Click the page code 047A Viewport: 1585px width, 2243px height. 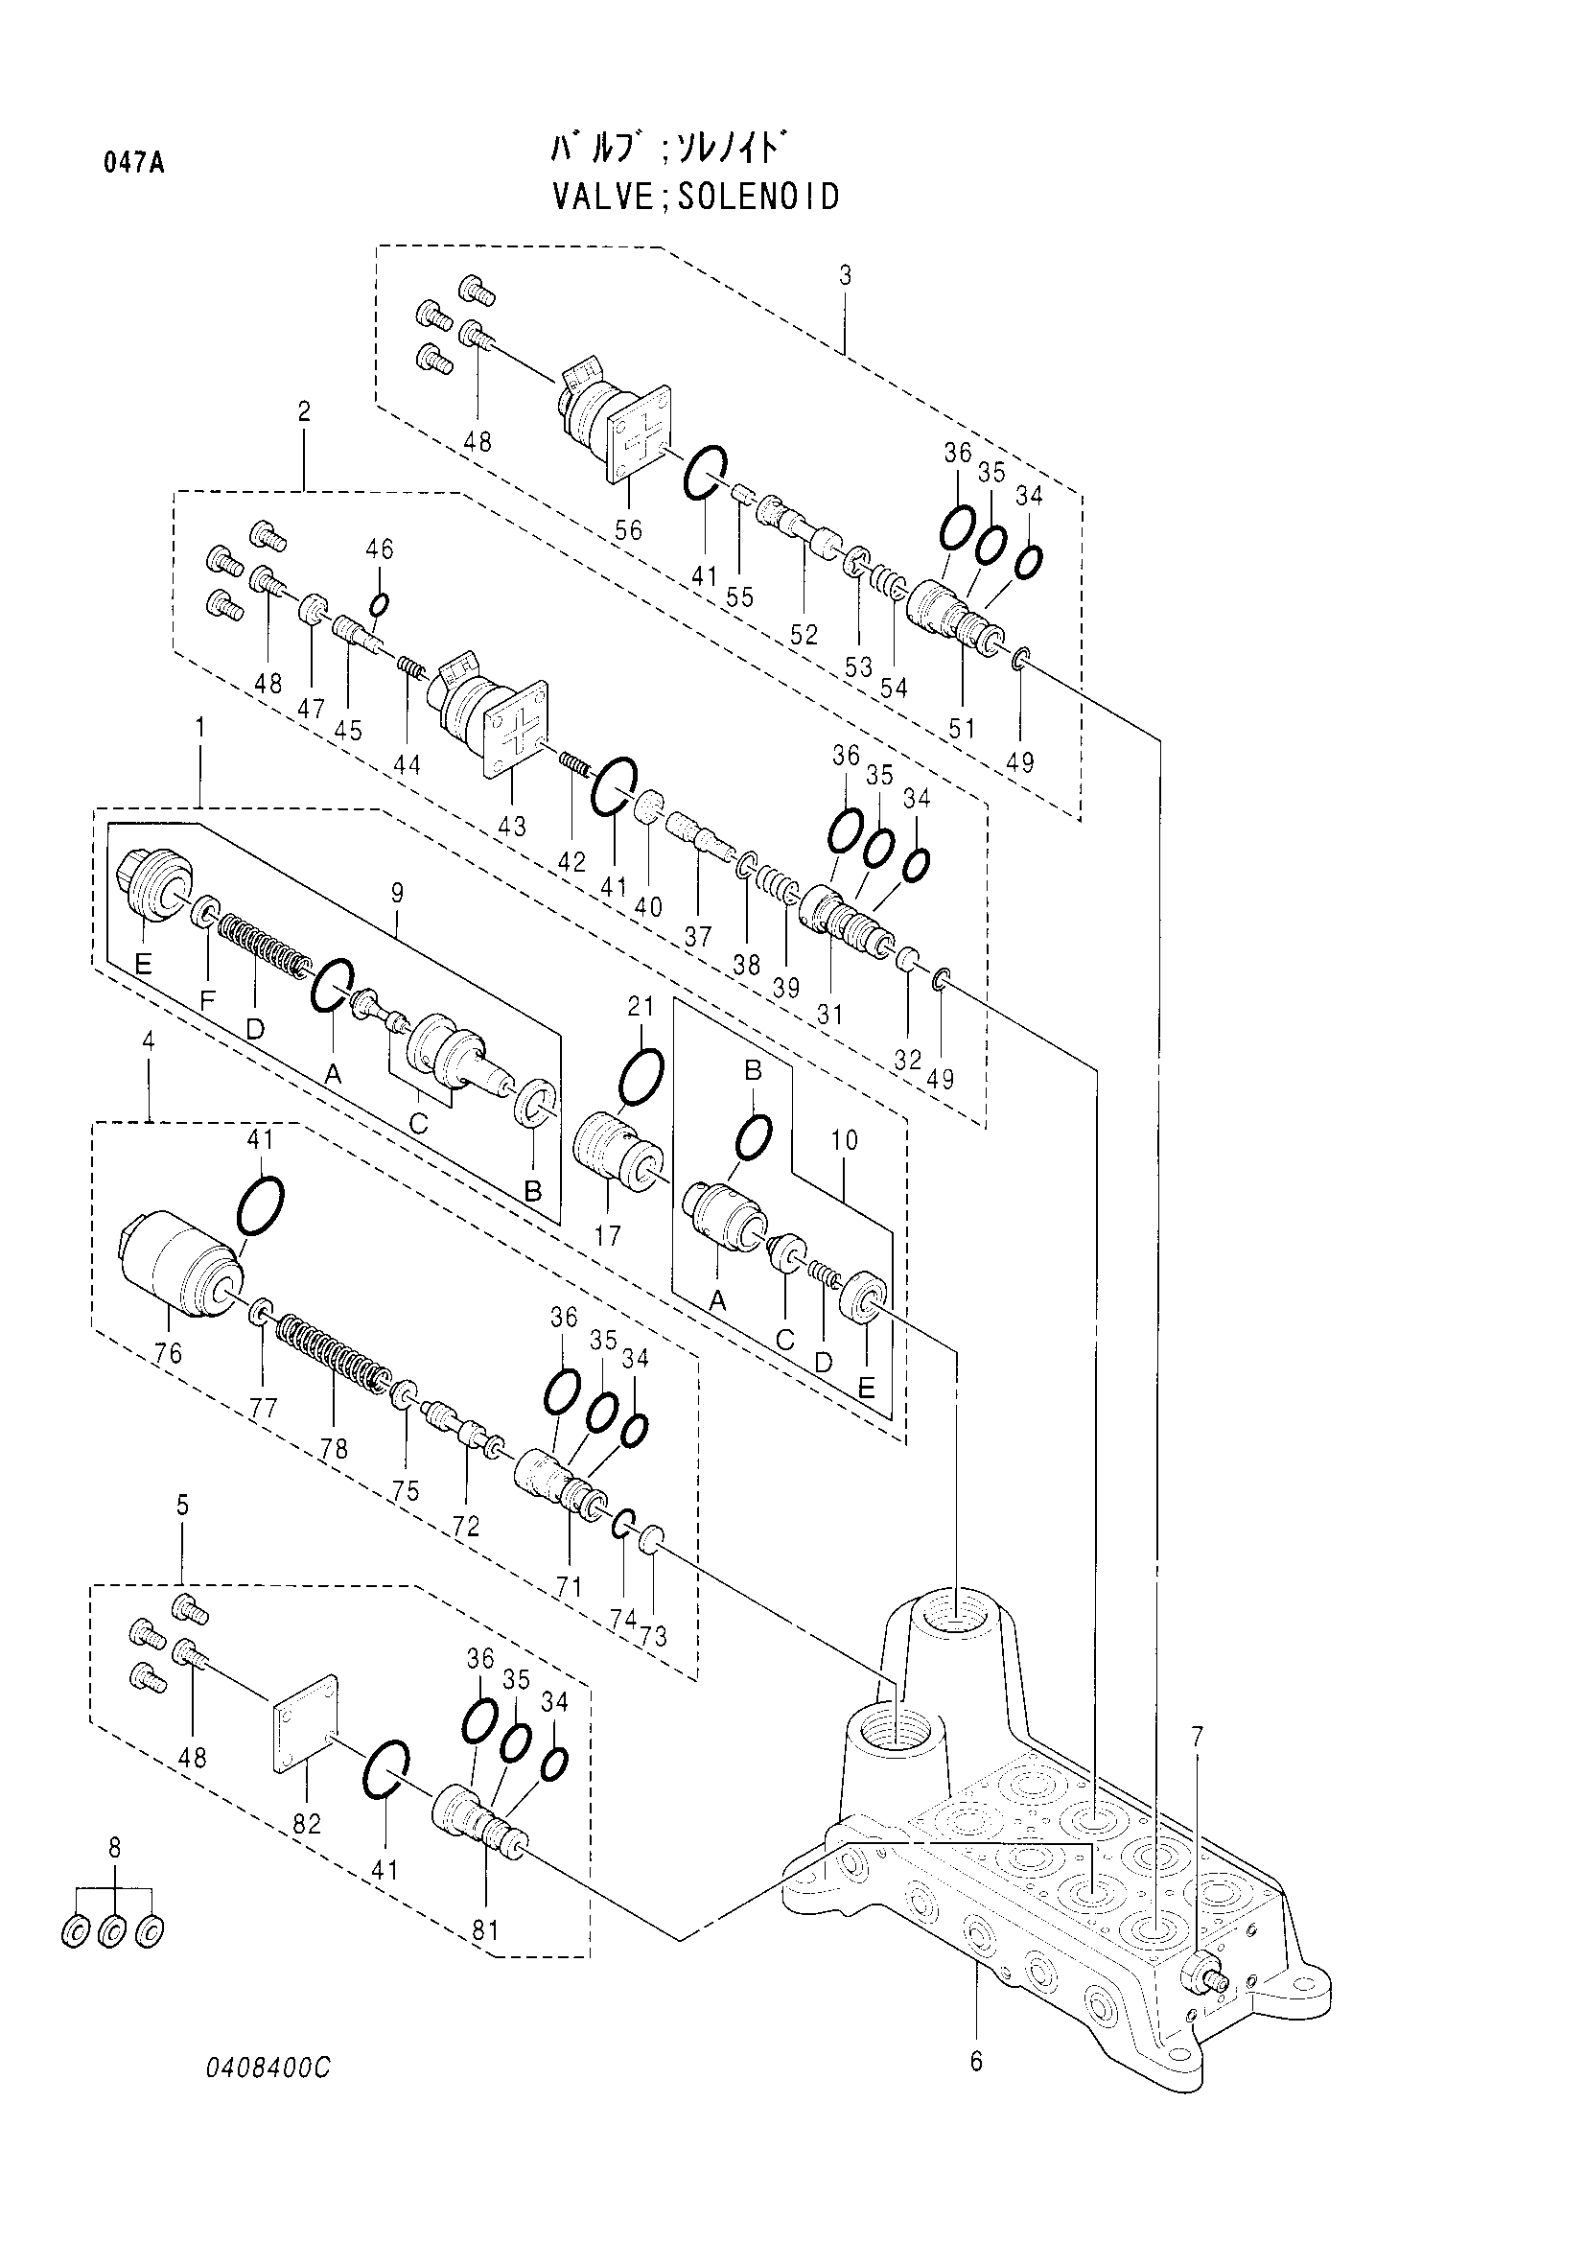[134, 163]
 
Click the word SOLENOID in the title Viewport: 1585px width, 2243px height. [758, 198]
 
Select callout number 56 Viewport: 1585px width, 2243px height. [629, 529]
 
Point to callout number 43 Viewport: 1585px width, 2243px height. [511, 827]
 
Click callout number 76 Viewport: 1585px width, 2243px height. [167, 1354]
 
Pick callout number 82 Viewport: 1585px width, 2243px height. [307, 1824]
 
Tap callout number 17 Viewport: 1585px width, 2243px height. [606, 1236]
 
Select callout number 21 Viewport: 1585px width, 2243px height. [640, 1007]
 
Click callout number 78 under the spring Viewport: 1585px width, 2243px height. [334, 1448]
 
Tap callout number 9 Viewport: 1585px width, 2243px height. [397, 892]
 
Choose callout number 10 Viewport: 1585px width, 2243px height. [844, 1140]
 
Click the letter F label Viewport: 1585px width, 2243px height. [206, 1000]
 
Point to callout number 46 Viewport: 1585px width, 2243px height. [380, 550]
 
